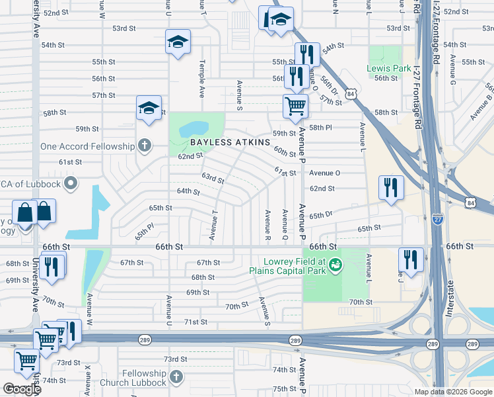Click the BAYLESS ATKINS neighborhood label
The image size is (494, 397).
[x=230, y=142]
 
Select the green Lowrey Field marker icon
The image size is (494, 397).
[x=335, y=265]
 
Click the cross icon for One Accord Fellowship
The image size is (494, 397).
[x=144, y=146]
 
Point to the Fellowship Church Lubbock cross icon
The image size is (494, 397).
[x=176, y=376]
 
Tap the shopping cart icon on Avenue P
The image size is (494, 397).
[x=295, y=106]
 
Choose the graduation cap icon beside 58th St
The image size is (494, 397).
[x=149, y=108]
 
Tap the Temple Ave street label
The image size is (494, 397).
[x=201, y=74]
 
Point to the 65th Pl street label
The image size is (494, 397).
[x=144, y=232]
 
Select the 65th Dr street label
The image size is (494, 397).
[x=320, y=215]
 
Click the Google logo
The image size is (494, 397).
[x=22, y=389]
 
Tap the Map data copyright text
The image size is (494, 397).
[x=452, y=391]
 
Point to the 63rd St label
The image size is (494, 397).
[x=213, y=179]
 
